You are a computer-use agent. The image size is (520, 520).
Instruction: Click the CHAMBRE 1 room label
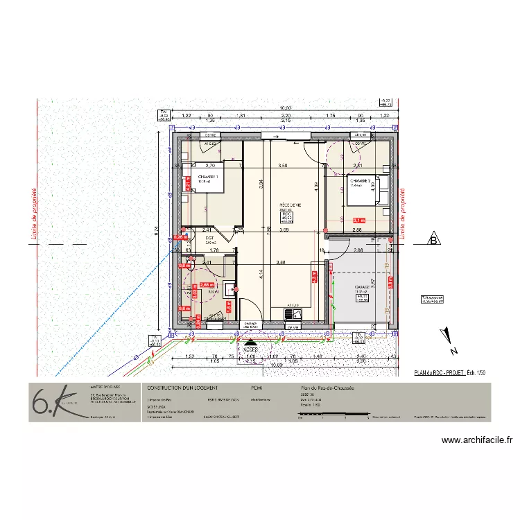click(x=207, y=177)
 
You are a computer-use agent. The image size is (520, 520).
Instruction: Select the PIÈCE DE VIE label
click(x=290, y=206)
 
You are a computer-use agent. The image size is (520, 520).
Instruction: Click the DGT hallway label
click(x=209, y=238)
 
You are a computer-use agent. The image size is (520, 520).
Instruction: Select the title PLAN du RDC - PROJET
click(x=440, y=372)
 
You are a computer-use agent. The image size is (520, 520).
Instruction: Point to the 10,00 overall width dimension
click(x=285, y=108)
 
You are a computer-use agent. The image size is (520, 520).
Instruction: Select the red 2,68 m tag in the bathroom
click(x=206, y=285)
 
